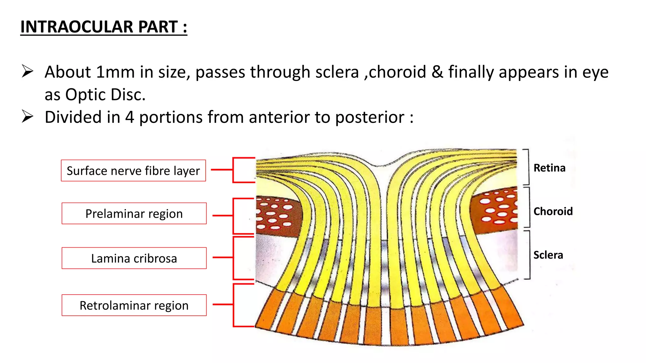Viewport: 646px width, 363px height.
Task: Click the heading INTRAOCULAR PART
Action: (x=103, y=27)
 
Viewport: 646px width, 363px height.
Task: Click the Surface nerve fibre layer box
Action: (x=133, y=171)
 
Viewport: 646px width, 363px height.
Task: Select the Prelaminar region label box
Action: (x=134, y=214)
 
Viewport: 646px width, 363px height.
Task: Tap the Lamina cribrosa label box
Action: (x=134, y=258)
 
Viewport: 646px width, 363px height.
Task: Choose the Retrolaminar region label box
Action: (x=134, y=305)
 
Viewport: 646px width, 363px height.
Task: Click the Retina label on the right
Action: (x=549, y=168)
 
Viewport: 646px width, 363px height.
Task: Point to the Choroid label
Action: (x=553, y=211)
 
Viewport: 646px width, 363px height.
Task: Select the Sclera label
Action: (x=548, y=255)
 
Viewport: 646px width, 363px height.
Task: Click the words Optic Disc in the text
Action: (x=105, y=95)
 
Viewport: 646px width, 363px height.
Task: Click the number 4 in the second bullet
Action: (x=129, y=117)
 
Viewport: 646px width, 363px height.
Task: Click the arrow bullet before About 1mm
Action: (x=27, y=71)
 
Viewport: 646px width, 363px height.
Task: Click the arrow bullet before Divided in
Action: (x=27, y=116)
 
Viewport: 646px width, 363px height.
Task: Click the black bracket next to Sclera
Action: (x=529, y=255)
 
